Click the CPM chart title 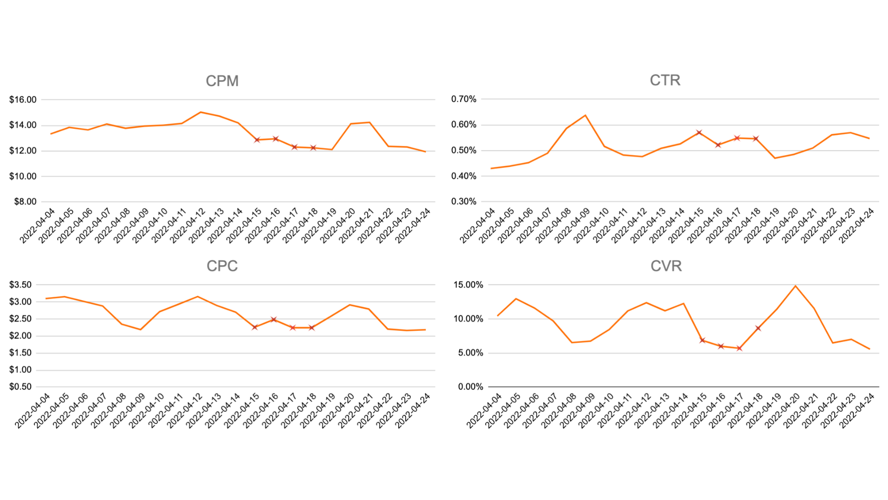click(x=222, y=81)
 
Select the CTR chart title click(x=665, y=80)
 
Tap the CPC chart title click(x=222, y=266)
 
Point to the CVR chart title click(x=666, y=266)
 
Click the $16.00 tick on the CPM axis click(x=23, y=100)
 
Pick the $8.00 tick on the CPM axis click(x=25, y=201)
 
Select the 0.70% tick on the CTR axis click(x=463, y=99)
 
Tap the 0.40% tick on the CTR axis click(x=463, y=176)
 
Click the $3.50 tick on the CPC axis click(x=20, y=285)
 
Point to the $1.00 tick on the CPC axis click(x=20, y=369)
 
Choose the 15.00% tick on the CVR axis click(x=468, y=285)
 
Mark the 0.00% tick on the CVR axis click(x=470, y=387)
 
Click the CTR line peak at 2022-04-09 click(x=586, y=115)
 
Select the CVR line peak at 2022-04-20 click(x=795, y=286)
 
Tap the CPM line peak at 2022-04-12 click(x=200, y=112)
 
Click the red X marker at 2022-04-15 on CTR click(x=699, y=133)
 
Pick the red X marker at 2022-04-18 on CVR click(x=758, y=328)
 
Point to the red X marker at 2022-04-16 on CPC click(x=274, y=319)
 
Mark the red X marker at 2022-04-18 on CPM click(x=313, y=148)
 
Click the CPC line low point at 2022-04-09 click(x=141, y=330)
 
